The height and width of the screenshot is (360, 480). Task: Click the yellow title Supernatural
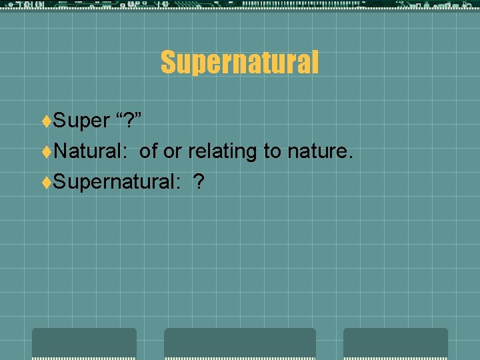click(x=239, y=63)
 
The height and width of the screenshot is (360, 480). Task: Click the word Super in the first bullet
click(x=81, y=121)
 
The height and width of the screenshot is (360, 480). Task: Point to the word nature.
click(x=319, y=152)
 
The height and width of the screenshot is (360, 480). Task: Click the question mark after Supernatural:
click(x=199, y=182)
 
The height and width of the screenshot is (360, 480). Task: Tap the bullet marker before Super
click(x=46, y=121)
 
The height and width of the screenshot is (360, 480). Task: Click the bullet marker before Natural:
click(x=46, y=152)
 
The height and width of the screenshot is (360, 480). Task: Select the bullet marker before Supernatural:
click(x=46, y=183)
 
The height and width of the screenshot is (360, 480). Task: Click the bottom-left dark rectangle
click(x=84, y=343)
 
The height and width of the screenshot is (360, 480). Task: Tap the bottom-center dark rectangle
click(x=240, y=343)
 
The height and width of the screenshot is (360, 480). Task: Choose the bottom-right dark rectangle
click(x=395, y=343)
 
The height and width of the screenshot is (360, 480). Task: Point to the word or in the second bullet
click(x=172, y=152)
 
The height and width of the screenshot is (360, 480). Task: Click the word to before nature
click(x=272, y=152)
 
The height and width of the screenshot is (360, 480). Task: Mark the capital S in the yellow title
click(x=168, y=63)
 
